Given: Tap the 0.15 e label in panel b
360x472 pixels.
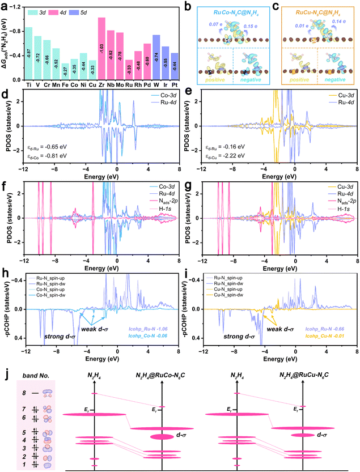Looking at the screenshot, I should click(x=251, y=41).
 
